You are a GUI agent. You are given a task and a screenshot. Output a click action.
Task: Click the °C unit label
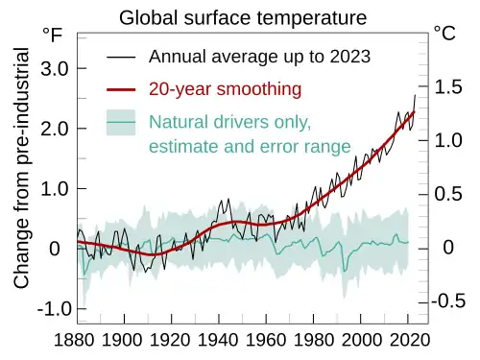(x=444, y=35)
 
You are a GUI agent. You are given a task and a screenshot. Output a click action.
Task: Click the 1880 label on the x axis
(x=73, y=340)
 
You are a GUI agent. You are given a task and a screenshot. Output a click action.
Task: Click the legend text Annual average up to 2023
(x=259, y=56)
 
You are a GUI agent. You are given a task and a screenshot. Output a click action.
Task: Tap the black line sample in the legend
(x=120, y=57)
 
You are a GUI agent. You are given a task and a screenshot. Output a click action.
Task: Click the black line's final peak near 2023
(x=415, y=95)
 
